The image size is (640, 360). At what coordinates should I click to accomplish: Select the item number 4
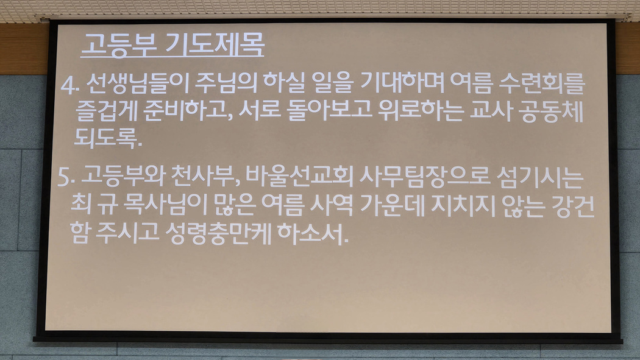click(x=69, y=85)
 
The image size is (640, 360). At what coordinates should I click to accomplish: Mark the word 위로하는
click(x=421, y=111)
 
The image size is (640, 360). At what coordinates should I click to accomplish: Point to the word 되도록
click(x=108, y=138)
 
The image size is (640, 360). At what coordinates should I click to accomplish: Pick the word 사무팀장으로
click(x=424, y=177)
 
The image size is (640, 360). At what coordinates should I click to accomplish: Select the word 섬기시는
click(x=539, y=177)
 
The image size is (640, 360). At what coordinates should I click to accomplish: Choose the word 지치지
click(x=463, y=205)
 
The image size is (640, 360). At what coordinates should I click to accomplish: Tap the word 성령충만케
click(x=218, y=234)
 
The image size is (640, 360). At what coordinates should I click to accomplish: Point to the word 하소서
click(x=313, y=234)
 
